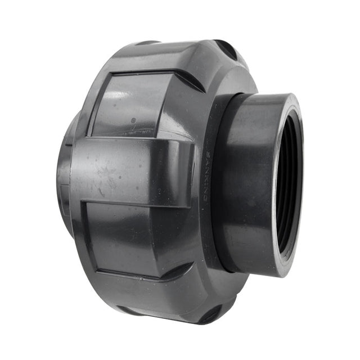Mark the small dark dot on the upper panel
pos(133,120)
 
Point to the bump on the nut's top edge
pos(148,42)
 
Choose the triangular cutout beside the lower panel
pos(180,270)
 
